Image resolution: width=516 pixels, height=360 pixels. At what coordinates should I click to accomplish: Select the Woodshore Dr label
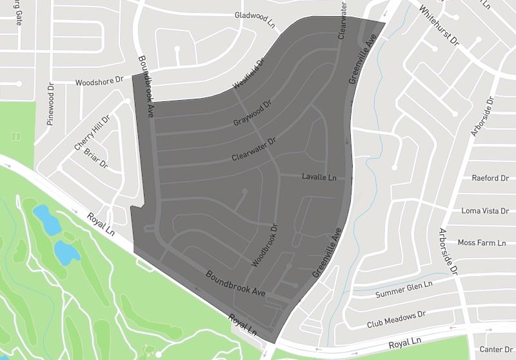pos(99,82)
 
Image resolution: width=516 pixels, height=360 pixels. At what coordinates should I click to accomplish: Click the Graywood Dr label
pos(252,113)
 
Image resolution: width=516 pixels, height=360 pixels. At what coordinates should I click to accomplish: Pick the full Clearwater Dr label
pos(253,149)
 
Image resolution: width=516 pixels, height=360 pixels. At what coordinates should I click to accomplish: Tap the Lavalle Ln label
pos(319,177)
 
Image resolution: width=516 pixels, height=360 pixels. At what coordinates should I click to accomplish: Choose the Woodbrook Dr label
pos(264,246)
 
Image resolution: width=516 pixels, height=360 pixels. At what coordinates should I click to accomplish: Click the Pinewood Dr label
pos(50,103)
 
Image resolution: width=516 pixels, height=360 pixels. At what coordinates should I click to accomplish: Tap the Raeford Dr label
pos(486,178)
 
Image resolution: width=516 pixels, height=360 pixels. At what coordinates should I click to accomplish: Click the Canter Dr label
pos(495,350)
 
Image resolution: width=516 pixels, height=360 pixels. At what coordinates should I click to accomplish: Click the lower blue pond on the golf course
pos(66,252)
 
